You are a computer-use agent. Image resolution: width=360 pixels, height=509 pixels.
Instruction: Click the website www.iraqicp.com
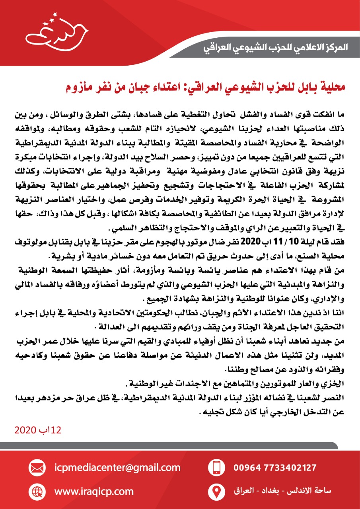tap(94, 491)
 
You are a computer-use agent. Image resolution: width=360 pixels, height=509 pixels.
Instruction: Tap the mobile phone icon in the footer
tap(216, 466)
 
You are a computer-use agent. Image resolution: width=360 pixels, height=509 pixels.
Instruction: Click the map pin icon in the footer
tap(216, 491)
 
